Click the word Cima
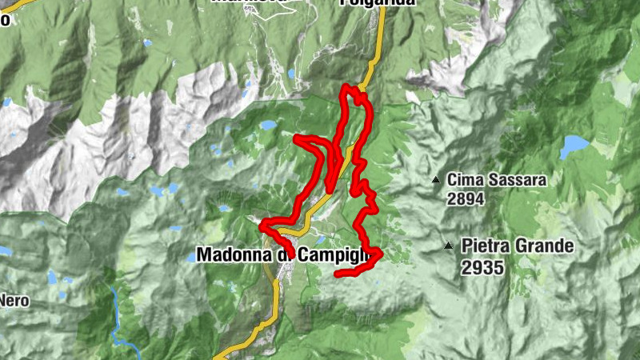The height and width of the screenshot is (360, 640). click(x=463, y=180)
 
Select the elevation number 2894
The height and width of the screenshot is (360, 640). click(x=466, y=198)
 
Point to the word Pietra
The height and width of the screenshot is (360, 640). click(x=485, y=246)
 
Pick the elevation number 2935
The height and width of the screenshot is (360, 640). click(x=482, y=267)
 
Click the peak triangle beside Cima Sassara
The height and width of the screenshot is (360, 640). click(x=436, y=180)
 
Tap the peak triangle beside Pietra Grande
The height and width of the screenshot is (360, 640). click(x=450, y=246)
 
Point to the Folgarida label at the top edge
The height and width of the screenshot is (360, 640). click(x=378, y=2)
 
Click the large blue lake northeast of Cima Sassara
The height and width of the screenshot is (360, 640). click(x=574, y=146)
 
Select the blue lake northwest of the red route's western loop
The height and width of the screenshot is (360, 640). click(x=266, y=126)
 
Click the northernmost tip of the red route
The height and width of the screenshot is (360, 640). click(x=347, y=86)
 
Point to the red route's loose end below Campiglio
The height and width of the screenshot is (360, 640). click(x=337, y=274)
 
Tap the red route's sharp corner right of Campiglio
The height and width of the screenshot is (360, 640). click(x=380, y=254)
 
